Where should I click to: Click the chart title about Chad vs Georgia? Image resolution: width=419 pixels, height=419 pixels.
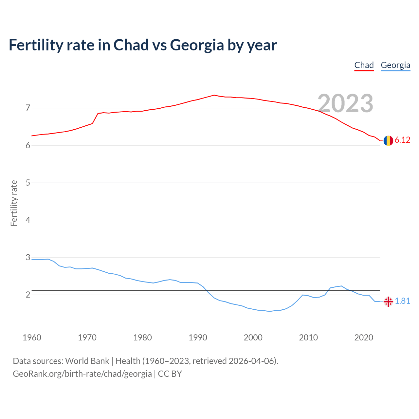[143, 45]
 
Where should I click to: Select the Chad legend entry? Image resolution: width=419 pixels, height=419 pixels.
[364, 65]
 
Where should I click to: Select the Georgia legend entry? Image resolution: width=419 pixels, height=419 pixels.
[395, 65]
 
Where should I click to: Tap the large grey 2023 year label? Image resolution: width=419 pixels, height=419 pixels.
[345, 103]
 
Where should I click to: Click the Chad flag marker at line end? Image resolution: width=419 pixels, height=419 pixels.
[388, 140]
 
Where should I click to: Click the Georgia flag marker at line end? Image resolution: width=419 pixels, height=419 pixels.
[388, 301]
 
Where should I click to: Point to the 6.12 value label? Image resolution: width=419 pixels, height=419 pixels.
[402, 140]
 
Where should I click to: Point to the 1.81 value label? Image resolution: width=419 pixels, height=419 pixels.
[403, 301]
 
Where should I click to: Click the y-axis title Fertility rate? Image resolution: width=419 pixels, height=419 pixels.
[14, 203]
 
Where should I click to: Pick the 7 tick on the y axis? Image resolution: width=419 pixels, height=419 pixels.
[28, 108]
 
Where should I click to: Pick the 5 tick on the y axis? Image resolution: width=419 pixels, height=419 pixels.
[28, 183]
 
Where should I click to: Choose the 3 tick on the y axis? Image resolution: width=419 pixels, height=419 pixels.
[28, 257]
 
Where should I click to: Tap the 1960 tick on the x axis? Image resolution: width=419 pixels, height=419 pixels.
[32, 337]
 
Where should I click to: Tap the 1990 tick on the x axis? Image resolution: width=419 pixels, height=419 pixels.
[198, 337]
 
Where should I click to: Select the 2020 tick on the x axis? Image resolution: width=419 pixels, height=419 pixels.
[364, 337]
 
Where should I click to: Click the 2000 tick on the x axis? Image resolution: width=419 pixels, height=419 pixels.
[253, 337]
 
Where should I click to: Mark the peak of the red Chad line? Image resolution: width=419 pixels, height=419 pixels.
[214, 95]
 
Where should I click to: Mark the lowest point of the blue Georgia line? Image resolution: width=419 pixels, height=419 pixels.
[269, 311]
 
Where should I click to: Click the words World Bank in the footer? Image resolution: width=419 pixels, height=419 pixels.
[87, 361]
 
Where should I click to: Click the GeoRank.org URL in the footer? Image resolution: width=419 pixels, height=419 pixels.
[82, 374]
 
